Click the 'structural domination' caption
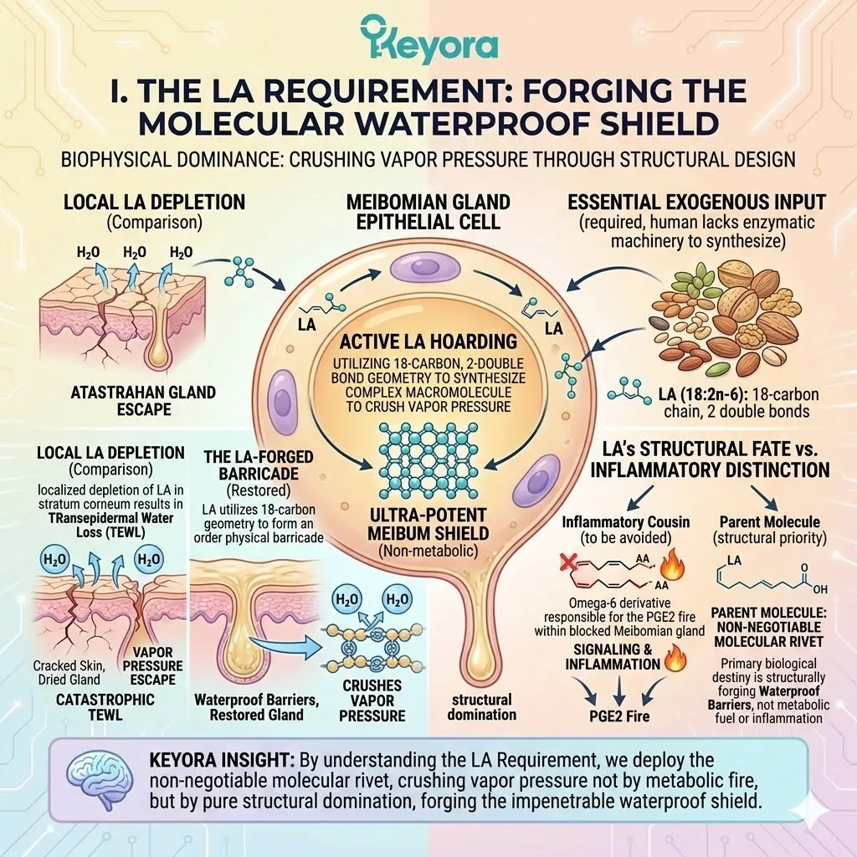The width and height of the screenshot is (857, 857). (x=481, y=706)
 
